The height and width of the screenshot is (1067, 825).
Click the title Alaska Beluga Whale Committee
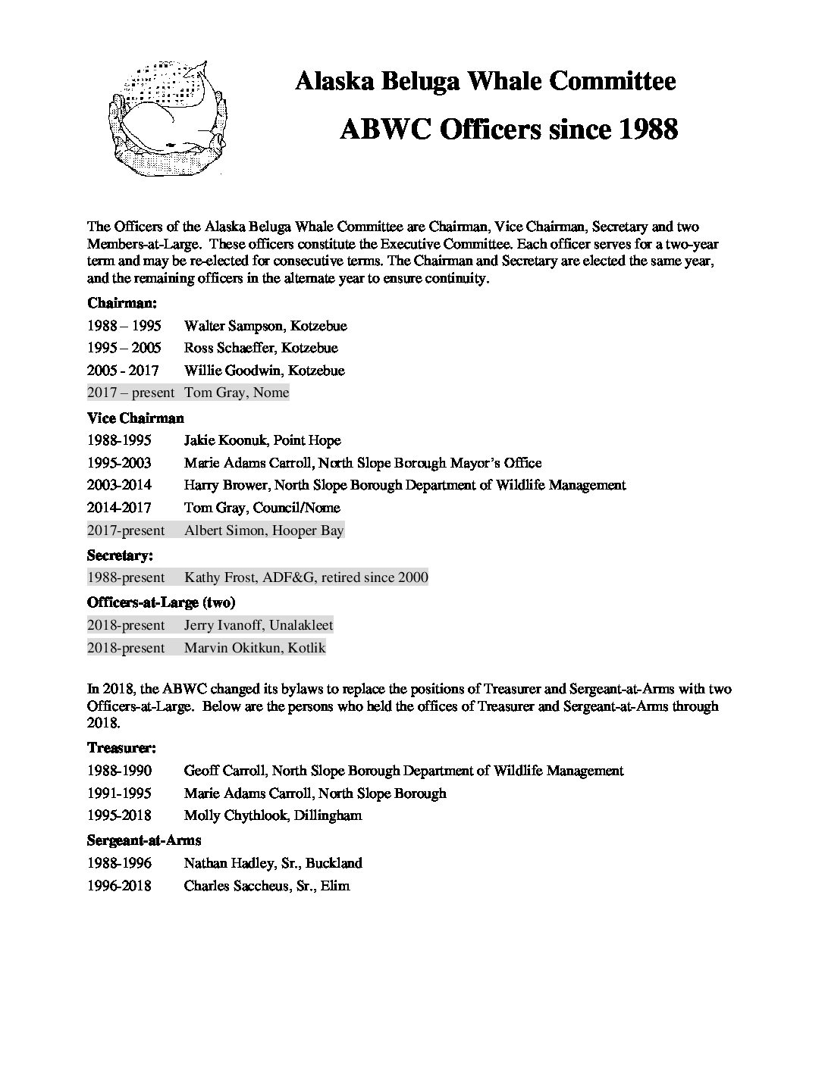(x=485, y=81)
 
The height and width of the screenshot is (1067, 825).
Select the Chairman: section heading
(x=122, y=303)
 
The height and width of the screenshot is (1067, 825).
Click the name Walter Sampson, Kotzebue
(x=265, y=326)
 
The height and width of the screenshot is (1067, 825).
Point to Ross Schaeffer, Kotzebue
(x=261, y=348)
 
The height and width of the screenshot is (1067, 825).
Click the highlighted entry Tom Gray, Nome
(x=237, y=393)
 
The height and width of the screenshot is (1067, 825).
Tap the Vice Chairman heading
(x=135, y=418)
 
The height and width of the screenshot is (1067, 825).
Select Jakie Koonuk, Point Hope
(x=262, y=440)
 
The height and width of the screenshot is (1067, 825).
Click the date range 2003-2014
(x=119, y=485)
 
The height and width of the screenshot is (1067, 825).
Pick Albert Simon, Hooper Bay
(x=264, y=530)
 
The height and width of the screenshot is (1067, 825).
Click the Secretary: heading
(x=120, y=555)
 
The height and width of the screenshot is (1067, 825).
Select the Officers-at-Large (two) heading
(x=161, y=602)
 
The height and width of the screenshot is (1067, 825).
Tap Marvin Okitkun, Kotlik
(x=255, y=648)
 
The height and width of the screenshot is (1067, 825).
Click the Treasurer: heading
(x=121, y=747)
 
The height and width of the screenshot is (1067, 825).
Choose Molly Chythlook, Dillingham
(x=273, y=816)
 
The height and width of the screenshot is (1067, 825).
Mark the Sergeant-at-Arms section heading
(x=144, y=840)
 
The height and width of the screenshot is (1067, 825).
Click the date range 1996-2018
(x=119, y=886)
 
